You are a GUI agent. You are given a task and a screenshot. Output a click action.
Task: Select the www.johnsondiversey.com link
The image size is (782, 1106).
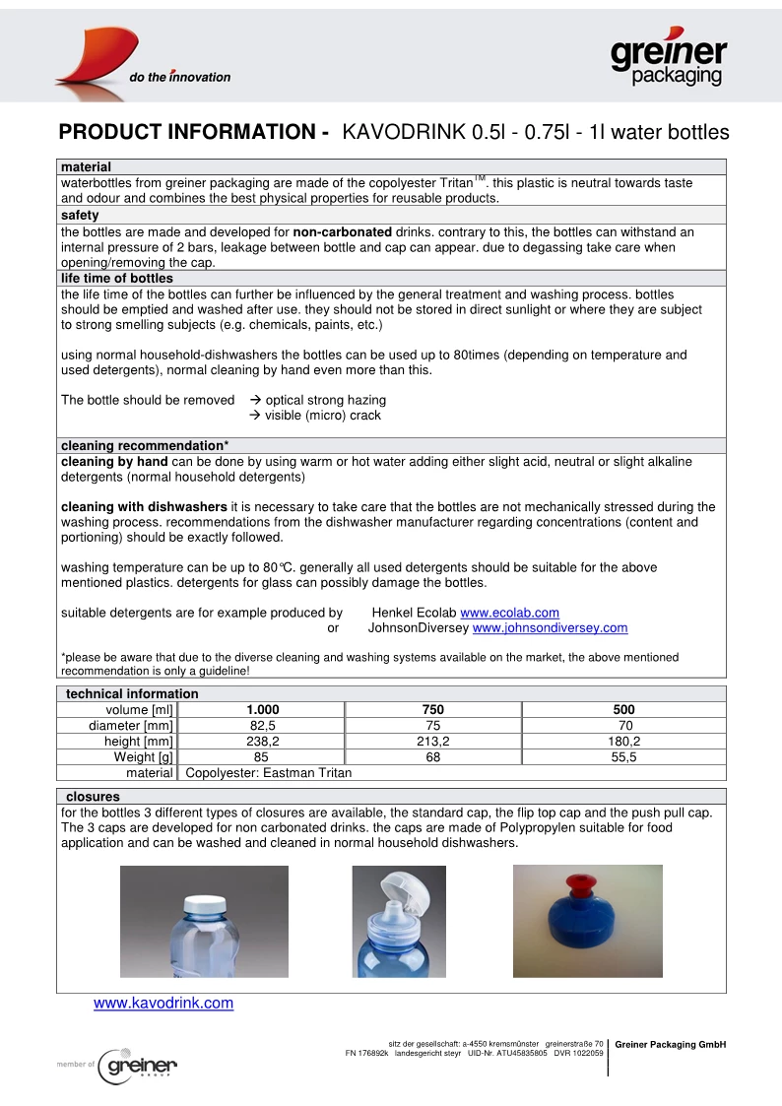[x=550, y=627]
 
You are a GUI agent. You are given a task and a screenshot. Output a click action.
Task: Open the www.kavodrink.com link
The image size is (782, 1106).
[x=163, y=1004]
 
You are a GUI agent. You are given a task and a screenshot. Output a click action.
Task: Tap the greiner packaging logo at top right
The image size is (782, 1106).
[x=669, y=59]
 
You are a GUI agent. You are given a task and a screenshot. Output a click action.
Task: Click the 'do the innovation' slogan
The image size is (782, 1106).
[x=180, y=77]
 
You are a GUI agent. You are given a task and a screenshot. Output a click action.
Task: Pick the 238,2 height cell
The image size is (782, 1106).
[x=262, y=741]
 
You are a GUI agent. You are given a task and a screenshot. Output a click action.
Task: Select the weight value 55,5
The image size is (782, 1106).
[x=623, y=756]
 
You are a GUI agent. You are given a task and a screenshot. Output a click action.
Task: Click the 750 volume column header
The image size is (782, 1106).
[x=432, y=709]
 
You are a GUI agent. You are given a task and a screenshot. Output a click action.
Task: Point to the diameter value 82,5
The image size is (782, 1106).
[x=262, y=725]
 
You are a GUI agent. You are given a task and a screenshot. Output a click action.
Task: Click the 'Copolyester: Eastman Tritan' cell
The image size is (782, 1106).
[x=269, y=772]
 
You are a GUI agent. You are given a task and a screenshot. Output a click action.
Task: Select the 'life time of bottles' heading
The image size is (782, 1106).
[x=116, y=279]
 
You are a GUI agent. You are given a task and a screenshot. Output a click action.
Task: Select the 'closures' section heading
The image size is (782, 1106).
[x=93, y=796]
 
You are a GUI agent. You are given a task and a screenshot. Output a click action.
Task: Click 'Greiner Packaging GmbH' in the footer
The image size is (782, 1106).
[x=670, y=1044]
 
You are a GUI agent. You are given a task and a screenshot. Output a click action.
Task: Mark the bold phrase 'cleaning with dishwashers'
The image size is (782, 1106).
[x=144, y=507]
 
